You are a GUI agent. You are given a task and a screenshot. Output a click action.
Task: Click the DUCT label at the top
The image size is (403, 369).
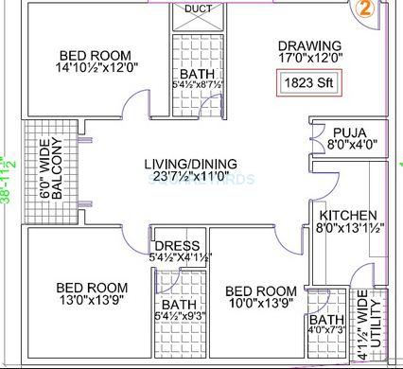199,9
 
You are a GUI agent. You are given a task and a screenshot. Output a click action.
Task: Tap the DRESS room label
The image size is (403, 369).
177,245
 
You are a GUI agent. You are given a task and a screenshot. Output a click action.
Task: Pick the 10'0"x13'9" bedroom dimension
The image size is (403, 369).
262,304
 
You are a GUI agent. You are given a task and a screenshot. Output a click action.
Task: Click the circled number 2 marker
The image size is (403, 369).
362,9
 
